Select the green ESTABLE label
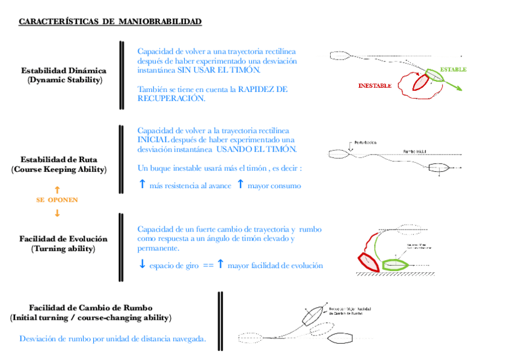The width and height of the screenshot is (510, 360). pos(453,69)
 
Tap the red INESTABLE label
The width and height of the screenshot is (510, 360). pos(375,86)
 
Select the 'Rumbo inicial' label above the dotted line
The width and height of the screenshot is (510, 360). pos(415,151)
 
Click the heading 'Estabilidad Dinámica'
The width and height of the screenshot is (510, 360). pos(64,70)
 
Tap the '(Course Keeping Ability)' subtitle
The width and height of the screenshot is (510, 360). pos(58,170)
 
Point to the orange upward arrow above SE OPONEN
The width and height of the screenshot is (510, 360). pos(57,189)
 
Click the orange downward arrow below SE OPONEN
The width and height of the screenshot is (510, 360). pos(57,213)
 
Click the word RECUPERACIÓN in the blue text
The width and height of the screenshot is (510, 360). pos(171,99)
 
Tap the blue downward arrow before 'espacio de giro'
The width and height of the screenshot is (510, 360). pos(142,265)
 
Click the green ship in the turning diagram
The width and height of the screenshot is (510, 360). pos(394,263)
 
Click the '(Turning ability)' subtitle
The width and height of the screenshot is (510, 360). pos(63,249)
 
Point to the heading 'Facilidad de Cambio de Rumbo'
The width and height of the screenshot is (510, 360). pos(90,307)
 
